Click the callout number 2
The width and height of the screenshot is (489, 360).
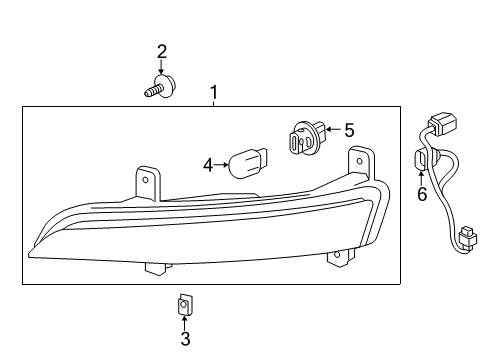click(161, 51)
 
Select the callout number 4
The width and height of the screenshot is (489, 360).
click(208, 164)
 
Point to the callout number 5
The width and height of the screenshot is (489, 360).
click(349, 129)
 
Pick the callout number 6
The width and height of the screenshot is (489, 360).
click(421, 194)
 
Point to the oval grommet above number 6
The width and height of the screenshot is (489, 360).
click(421, 161)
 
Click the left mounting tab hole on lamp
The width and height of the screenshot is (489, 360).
click(146, 181)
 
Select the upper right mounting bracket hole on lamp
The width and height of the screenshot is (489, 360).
click(357, 156)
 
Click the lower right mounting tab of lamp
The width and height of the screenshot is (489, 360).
click(335, 257)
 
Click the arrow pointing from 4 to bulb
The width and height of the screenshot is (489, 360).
click(223, 164)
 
